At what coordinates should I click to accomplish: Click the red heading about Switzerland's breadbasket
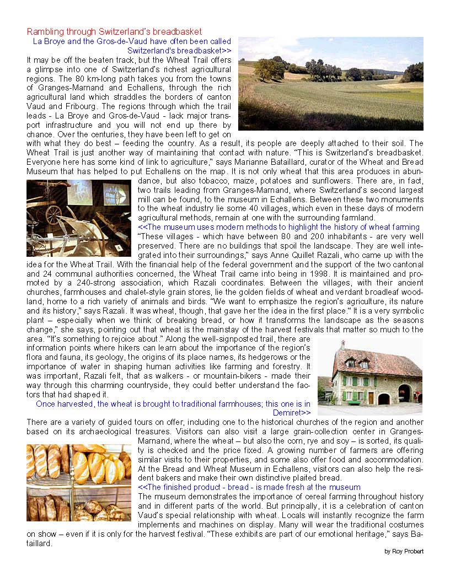[114, 31]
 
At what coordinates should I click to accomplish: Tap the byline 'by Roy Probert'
[404, 551]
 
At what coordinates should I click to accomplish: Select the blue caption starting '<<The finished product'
[249, 487]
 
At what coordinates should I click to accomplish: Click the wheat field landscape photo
[330, 83]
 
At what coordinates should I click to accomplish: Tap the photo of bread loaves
[78, 482]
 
